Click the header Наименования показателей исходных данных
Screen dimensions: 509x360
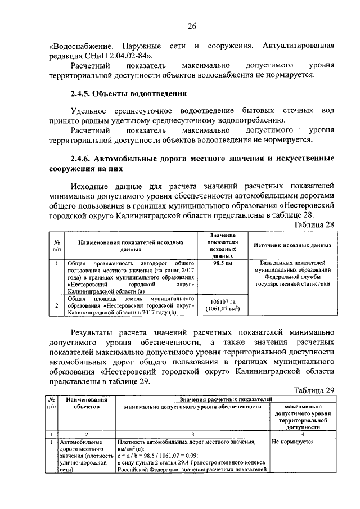pos(131,245)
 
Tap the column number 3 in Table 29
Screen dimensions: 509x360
pos(193,434)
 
